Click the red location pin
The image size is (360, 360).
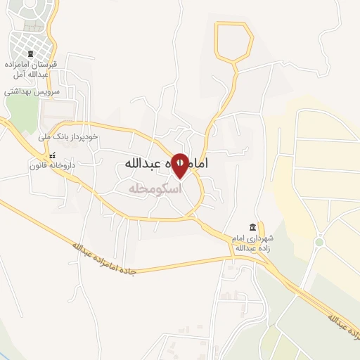point(180,165)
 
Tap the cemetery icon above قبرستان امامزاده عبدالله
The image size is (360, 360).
point(30,53)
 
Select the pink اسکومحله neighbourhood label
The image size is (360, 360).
point(155,189)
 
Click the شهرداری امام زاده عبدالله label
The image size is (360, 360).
point(251,243)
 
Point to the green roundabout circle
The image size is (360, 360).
point(319,242)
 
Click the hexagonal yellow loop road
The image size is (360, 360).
point(233,41)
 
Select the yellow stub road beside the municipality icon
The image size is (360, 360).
point(262,230)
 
